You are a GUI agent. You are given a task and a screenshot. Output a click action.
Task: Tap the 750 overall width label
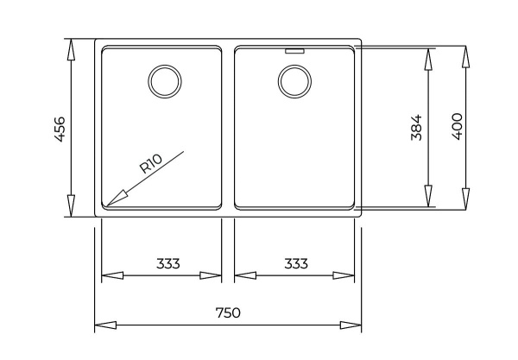[x=227, y=313]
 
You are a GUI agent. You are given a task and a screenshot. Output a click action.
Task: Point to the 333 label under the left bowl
[x=167, y=263]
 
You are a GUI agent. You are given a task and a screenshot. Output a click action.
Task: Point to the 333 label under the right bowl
[x=295, y=263]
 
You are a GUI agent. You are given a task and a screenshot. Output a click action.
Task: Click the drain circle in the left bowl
[x=163, y=80]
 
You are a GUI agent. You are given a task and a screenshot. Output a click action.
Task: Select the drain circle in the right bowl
[x=294, y=80]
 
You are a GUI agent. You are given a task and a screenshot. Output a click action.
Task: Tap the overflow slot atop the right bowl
[x=294, y=50]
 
